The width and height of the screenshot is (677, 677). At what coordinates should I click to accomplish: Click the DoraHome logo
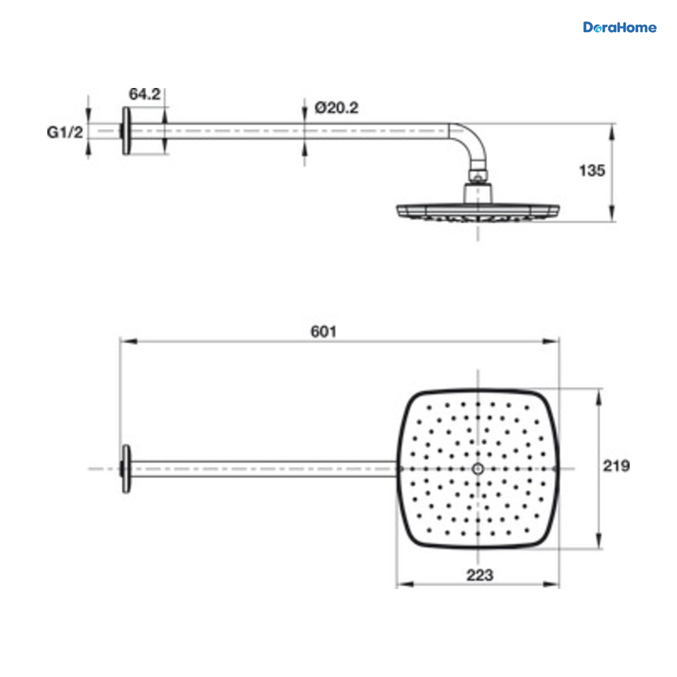tap(619, 28)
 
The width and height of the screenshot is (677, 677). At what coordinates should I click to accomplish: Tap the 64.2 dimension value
tap(144, 94)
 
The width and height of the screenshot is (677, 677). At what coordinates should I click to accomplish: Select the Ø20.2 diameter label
tap(336, 108)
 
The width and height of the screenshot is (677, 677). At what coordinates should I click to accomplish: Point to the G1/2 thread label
tap(65, 133)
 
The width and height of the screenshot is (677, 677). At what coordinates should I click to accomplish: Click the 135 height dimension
tap(592, 171)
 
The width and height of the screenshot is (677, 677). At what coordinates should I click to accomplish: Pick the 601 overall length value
tap(323, 332)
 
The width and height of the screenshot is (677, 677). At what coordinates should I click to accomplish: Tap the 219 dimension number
tap(616, 466)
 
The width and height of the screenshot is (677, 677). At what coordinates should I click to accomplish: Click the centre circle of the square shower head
tap(477, 469)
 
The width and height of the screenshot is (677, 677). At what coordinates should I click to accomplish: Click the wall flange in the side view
tap(126, 131)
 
